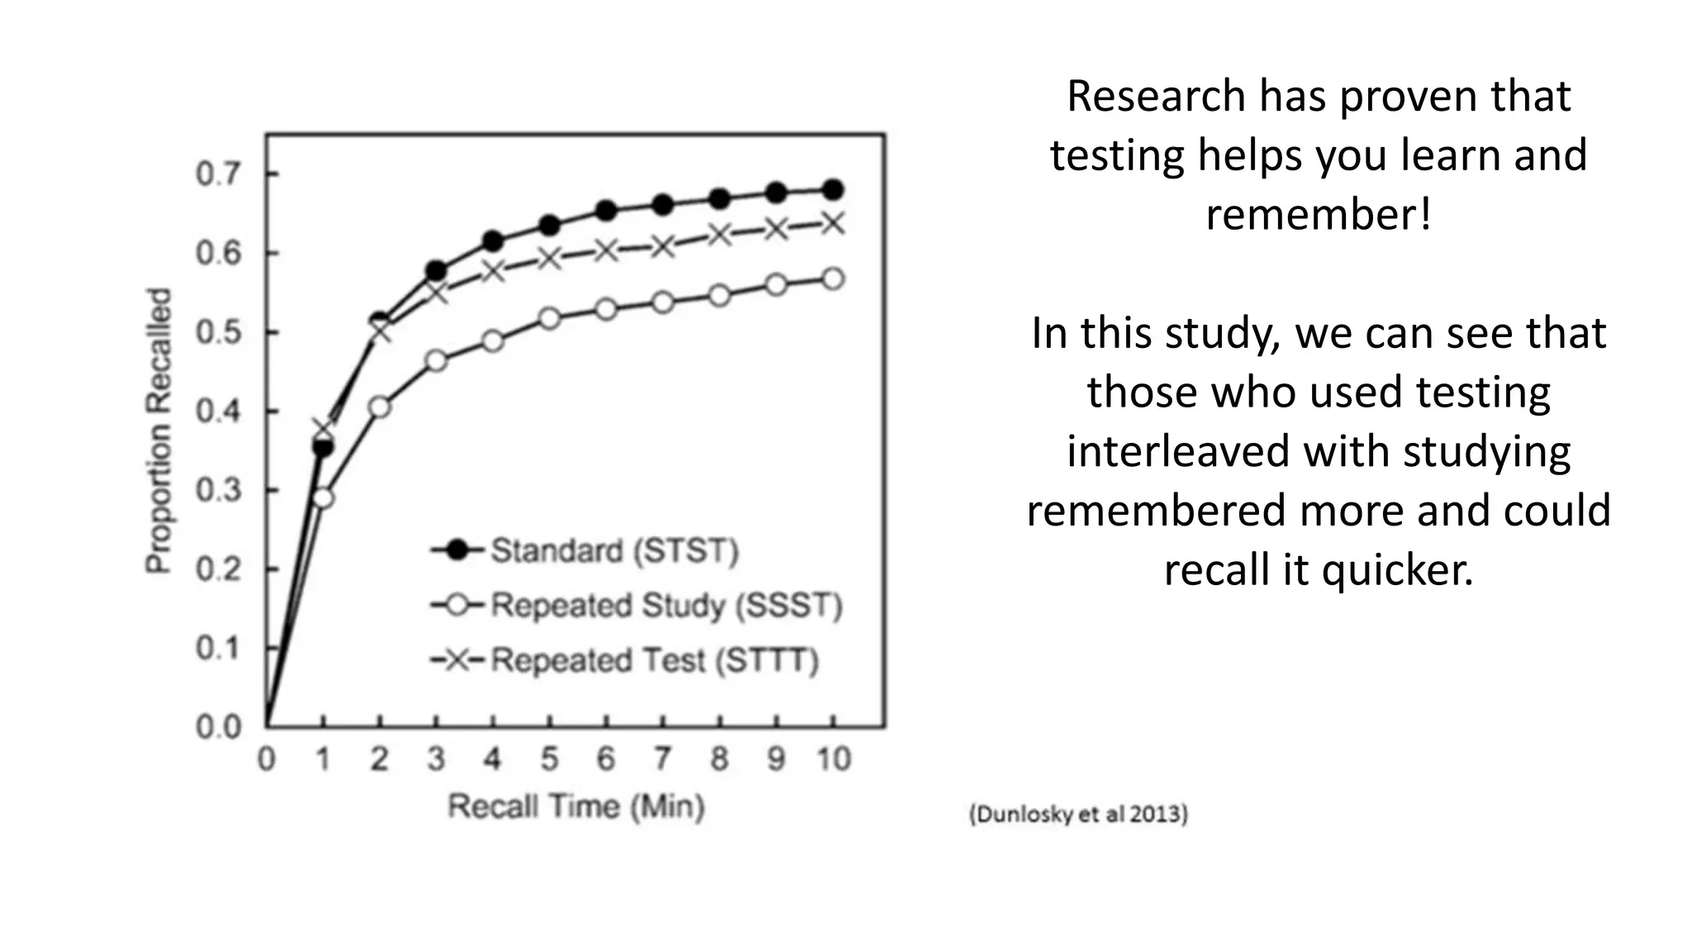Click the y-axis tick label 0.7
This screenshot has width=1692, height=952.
pos(218,174)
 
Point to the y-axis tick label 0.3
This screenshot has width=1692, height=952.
pos(218,490)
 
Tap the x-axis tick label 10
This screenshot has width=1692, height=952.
pos(833,759)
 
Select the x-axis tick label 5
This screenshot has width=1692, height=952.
pos(549,759)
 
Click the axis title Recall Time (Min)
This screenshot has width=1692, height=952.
pos(576,807)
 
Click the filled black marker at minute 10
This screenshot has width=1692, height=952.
pos(833,189)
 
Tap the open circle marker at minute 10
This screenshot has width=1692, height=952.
pos(833,279)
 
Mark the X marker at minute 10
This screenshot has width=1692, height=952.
pos(833,223)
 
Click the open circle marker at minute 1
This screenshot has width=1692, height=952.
pos(323,498)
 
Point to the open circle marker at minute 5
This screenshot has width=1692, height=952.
pos(549,319)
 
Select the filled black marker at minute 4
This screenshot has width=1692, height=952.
pos(493,241)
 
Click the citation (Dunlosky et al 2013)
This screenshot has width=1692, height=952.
pos(1078,814)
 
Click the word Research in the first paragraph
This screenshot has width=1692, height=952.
pos(1156,96)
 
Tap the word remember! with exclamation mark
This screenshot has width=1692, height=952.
pos(1319,215)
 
